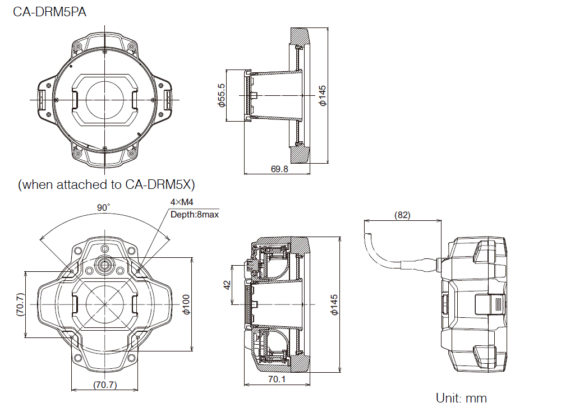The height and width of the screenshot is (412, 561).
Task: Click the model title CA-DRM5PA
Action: [x=49, y=11]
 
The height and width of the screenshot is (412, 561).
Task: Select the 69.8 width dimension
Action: [x=279, y=169]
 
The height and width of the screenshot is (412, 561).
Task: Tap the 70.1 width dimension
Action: [x=277, y=379]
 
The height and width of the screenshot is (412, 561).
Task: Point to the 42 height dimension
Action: [x=227, y=285]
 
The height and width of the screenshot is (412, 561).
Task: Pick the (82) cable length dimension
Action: [x=402, y=215]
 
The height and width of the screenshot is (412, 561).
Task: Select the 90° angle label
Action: [x=103, y=208]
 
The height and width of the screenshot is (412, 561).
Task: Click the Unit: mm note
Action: [x=461, y=399]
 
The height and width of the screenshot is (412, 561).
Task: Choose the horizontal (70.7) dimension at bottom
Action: [x=104, y=385]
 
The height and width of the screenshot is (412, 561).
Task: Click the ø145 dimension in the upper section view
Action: [x=322, y=95]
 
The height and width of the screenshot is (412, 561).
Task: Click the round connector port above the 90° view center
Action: [x=104, y=264]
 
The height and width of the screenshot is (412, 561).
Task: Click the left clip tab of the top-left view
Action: [x=42, y=99]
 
